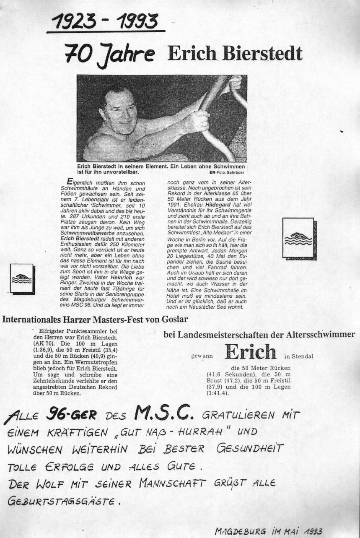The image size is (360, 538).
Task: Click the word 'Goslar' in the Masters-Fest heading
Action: pyautogui.click(x=175, y=319)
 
